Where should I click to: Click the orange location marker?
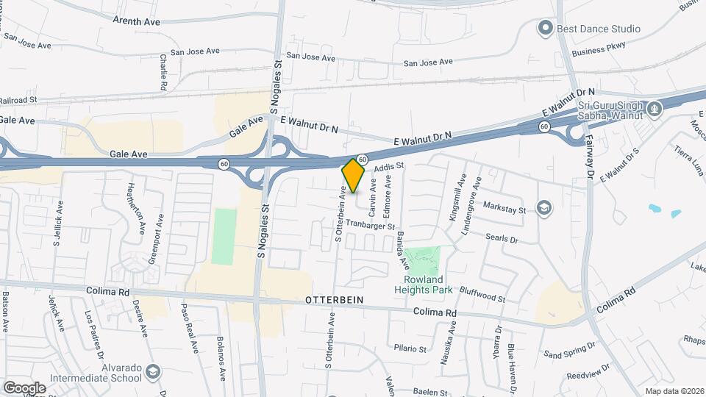(353, 175)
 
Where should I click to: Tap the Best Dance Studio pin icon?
(545, 29)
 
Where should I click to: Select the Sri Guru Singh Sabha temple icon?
(655, 110)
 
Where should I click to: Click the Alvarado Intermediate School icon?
(153, 372)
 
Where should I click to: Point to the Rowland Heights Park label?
(423, 285)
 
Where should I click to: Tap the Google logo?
(24, 387)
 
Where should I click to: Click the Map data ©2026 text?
(674, 390)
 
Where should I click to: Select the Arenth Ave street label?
(136, 22)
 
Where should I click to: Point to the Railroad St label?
(18, 100)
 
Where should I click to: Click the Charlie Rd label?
(163, 72)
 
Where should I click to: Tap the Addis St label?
(390, 168)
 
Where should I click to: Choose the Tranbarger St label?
(371, 226)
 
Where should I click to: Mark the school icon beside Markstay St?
(544, 208)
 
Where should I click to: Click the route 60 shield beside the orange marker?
(362, 159)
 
